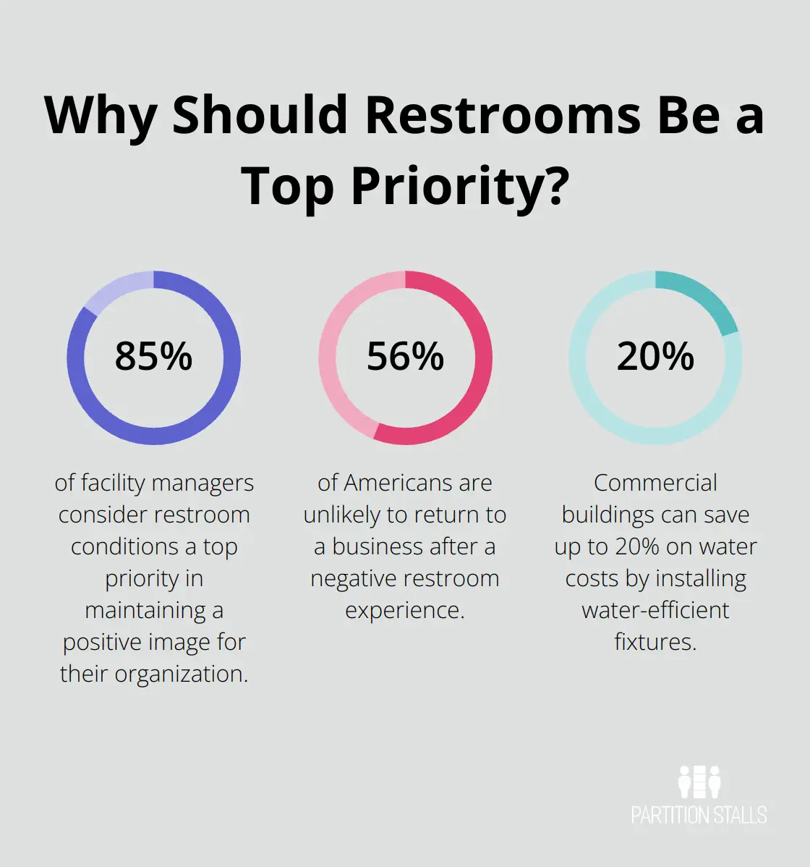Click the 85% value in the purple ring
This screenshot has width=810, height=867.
coord(153,356)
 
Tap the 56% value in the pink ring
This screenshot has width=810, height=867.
coord(405,356)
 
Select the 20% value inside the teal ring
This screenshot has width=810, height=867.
coord(655,356)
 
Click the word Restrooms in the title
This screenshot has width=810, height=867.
coord(502,116)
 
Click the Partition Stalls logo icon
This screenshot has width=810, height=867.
coord(699,782)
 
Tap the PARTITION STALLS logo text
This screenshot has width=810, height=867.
coord(699,816)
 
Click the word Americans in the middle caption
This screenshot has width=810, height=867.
coord(419,483)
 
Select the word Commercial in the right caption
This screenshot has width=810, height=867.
coord(655,483)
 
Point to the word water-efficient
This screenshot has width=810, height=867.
coord(655,610)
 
